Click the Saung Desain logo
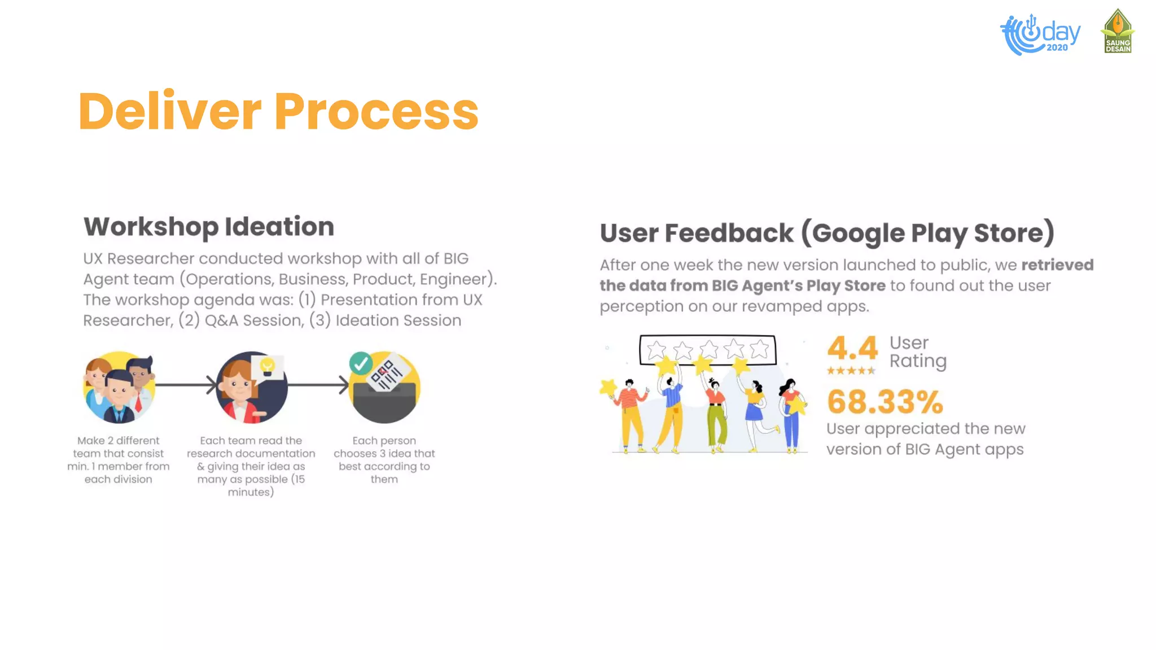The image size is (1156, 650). pyautogui.click(x=1118, y=32)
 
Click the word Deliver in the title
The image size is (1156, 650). pyautogui.click(x=170, y=111)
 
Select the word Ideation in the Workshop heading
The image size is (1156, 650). pyautogui.click(x=279, y=227)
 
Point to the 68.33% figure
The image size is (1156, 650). pyautogui.click(x=885, y=402)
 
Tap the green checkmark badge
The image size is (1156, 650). pyautogui.click(x=361, y=363)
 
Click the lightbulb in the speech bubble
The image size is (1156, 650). pyautogui.click(x=268, y=366)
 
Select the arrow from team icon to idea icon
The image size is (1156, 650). pyautogui.click(x=186, y=385)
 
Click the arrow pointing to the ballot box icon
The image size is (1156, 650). pyautogui.click(x=319, y=385)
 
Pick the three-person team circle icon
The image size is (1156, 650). pyautogui.click(x=119, y=388)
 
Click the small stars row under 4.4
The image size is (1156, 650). pyautogui.click(x=851, y=371)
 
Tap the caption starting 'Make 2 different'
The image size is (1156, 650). pyautogui.click(x=119, y=460)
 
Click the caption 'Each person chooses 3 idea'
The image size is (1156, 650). pyautogui.click(x=384, y=460)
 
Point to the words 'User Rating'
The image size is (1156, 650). pyautogui.click(x=918, y=352)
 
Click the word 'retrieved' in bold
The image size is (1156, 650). pyautogui.click(x=1057, y=265)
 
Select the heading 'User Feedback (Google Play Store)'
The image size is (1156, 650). pyautogui.click(x=827, y=233)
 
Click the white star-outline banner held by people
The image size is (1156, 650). pyautogui.click(x=707, y=350)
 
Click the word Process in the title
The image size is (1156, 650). pyautogui.click(x=376, y=111)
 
